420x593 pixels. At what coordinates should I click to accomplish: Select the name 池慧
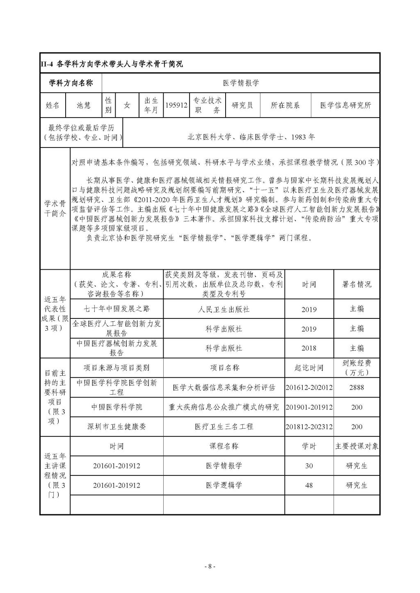point(84,105)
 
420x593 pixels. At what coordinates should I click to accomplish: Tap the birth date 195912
point(176,105)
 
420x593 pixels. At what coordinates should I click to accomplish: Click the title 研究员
point(242,105)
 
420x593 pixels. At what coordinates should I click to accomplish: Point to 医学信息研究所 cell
point(345,105)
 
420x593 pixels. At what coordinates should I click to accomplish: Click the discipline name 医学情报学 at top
point(241,83)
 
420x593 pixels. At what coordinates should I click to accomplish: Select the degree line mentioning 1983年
point(251,137)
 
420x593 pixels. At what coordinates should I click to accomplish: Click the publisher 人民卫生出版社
point(224,309)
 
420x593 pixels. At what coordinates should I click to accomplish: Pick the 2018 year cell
point(309,348)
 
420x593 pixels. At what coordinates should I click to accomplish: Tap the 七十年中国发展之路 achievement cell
point(116,309)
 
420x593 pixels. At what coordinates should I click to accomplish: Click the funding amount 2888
point(356,387)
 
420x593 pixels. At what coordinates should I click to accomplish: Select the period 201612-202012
point(309,387)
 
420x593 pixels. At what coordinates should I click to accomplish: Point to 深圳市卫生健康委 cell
point(116,427)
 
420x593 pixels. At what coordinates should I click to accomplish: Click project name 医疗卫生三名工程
point(224,427)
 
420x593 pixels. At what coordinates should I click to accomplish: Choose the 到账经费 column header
point(356,368)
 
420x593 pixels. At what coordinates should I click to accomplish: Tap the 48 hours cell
point(309,485)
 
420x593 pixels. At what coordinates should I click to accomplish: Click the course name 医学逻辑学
point(224,485)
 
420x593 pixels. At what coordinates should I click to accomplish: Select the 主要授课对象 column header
point(356,446)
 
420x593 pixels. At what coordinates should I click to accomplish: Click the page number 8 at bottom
point(210,566)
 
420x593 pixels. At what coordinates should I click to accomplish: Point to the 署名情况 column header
point(356,284)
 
